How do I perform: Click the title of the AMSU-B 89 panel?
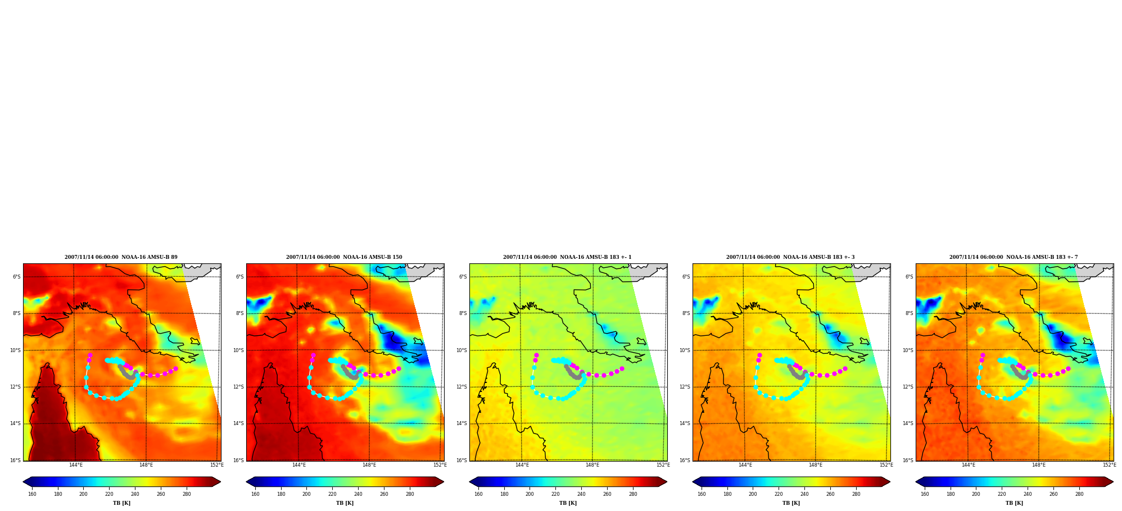click(121, 257)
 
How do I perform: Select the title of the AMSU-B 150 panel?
click(344, 257)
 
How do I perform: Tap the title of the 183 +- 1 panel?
click(567, 257)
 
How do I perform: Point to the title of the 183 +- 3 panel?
click(790, 257)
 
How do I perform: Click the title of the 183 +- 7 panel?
click(1014, 257)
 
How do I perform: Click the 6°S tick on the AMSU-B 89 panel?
click(16, 277)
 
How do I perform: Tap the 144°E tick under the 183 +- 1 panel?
click(522, 465)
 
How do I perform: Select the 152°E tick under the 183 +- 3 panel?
click(886, 465)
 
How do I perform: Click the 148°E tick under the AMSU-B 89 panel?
click(146, 465)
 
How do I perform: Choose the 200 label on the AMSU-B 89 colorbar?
click(83, 494)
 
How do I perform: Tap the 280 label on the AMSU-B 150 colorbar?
click(410, 494)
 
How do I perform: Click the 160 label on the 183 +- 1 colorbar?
click(478, 494)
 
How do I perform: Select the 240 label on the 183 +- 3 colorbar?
click(804, 494)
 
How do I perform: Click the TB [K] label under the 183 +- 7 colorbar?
click(1014, 503)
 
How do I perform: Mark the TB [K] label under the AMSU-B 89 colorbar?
click(121, 503)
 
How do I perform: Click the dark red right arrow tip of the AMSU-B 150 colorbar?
click(444, 482)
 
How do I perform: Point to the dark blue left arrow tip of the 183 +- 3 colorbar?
click(693, 482)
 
